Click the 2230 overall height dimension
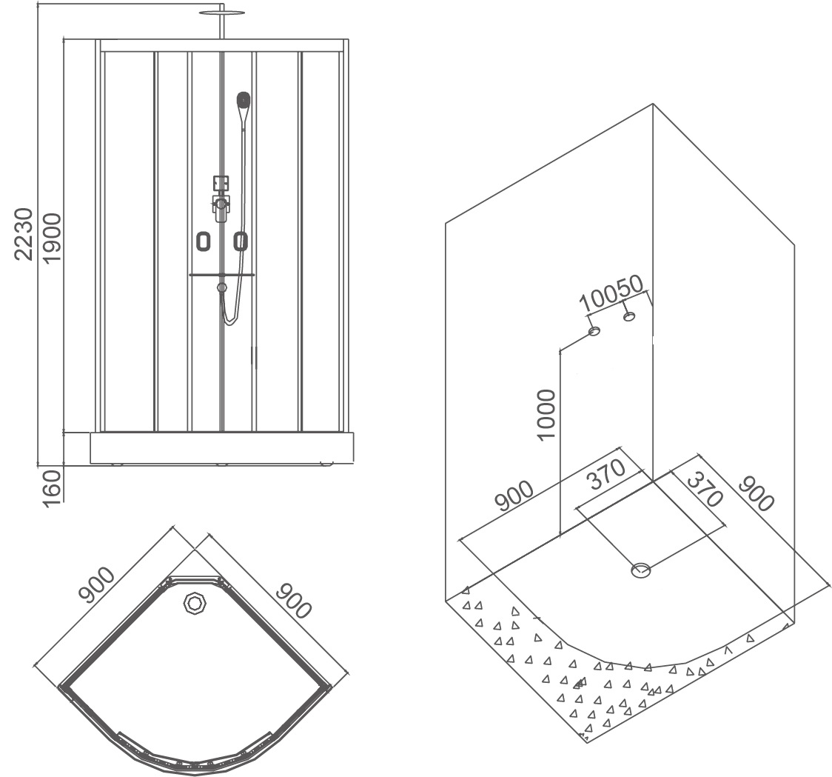24,235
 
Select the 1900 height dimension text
51,236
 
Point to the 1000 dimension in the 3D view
546,414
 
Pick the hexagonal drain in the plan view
195,604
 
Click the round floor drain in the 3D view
641,570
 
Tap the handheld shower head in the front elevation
243,100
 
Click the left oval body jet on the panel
204,241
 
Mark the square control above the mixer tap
221,182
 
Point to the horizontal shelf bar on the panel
221,275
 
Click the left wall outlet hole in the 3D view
594,331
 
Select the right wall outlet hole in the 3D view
629,317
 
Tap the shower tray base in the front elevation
221,447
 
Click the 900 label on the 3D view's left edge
514,496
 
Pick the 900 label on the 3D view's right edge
755,493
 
